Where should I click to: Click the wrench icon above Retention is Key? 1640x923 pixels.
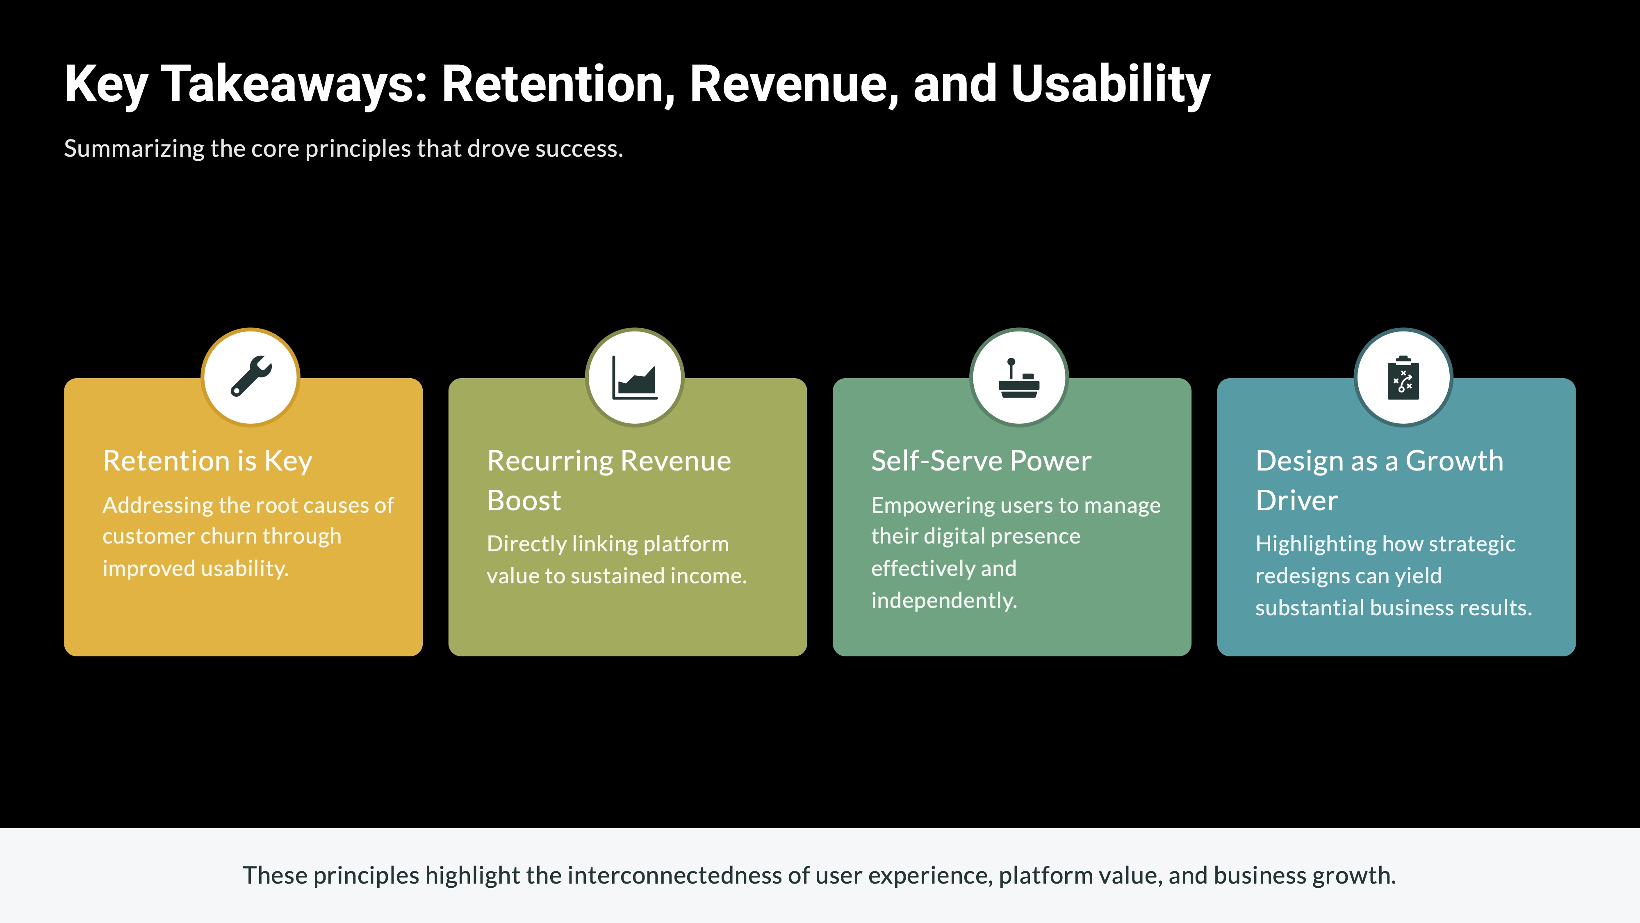pyautogui.click(x=251, y=377)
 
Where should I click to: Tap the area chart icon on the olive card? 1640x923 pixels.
pyautogui.click(x=635, y=378)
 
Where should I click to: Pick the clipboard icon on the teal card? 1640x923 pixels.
pyautogui.click(x=1403, y=378)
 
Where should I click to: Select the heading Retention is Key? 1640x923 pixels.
pyautogui.click(x=207, y=461)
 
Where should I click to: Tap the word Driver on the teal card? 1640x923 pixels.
pyautogui.click(x=1296, y=500)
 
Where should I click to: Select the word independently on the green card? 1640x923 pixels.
pyautogui.click(x=943, y=600)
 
